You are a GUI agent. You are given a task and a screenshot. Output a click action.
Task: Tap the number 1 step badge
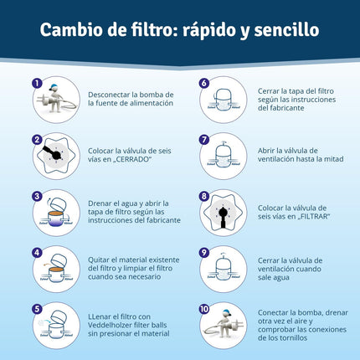[37, 83]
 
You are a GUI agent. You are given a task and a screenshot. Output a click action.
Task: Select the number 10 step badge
[204, 309]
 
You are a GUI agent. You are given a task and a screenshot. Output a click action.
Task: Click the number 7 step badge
[204, 140]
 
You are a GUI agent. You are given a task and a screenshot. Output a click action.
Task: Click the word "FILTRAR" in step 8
[314, 217]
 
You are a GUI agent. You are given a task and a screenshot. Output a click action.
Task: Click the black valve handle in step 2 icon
[51, 152]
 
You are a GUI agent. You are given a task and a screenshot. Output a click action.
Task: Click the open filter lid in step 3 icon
[59, 205]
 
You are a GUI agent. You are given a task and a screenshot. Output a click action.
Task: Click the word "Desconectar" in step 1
[109, 95]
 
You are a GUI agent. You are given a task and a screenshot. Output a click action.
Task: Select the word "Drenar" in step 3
[99, 203]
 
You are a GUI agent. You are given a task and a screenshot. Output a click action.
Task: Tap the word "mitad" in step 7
[333, 159]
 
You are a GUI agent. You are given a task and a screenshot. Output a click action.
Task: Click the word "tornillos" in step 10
[294, 338]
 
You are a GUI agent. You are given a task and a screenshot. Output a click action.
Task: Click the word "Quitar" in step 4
[99, 260]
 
